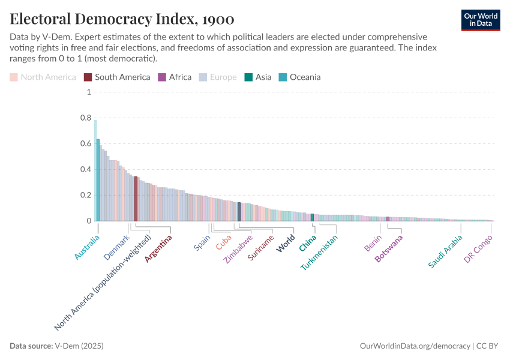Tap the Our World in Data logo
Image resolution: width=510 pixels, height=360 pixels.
pyautogui.click(x=481, y=20)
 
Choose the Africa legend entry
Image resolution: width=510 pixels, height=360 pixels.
pyautogui.click(x=175, y=77)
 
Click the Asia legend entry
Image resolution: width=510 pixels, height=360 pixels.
pyautogui.click(x=258, y=77)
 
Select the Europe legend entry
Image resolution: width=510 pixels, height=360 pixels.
pyautogui.click(x=218, y=77)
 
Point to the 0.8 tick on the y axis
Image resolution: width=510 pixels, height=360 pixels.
pyautogui.click(x=85, y=118)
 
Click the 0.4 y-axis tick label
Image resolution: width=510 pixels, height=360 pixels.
pyautogui.click(x=85, y=170)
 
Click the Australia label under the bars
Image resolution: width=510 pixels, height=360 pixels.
pyautogui.click(x=87, y=248)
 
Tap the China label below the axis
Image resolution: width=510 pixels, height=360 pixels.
pyautogui.click(x=308, y=243)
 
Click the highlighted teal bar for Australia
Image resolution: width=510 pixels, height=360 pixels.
pyautogui.click(x=98, y=180)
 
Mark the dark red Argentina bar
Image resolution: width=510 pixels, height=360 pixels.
pyautogui.click(x=136, y=199)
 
